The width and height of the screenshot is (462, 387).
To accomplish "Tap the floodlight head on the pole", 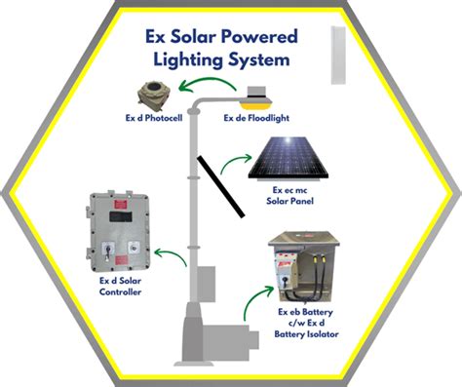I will pos(256,98).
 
